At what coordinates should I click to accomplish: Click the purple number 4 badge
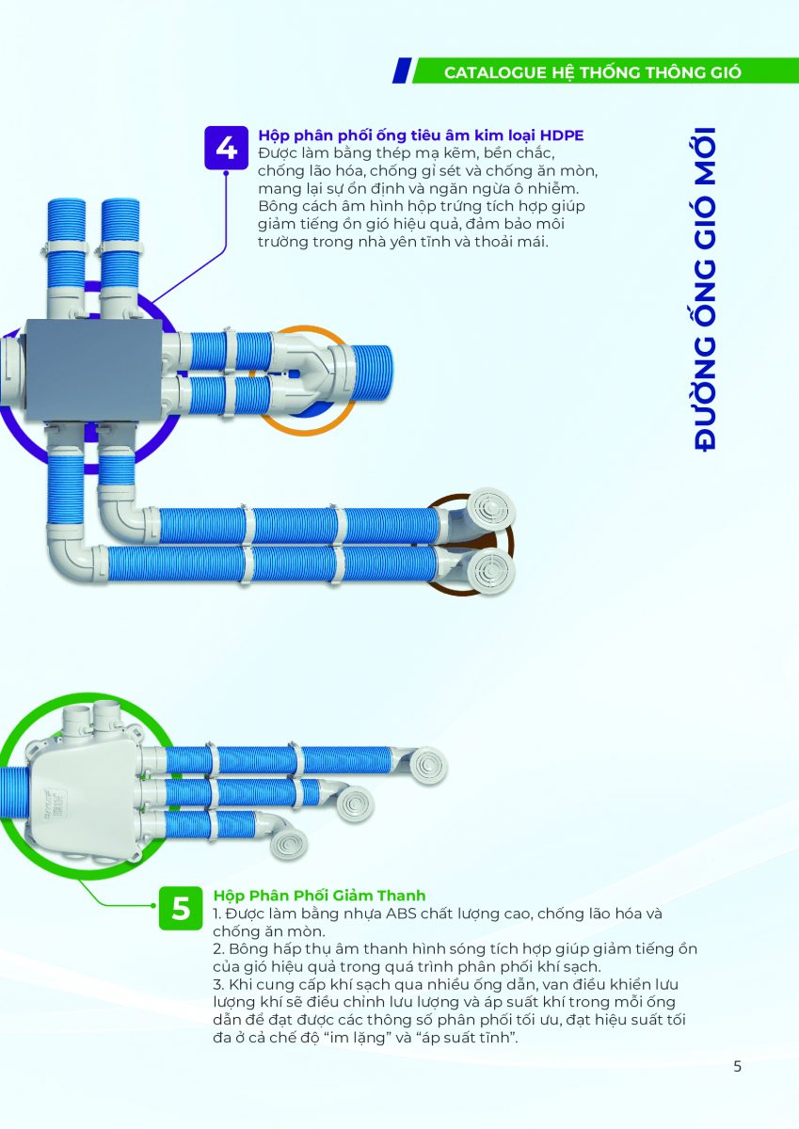(x=226, y=148)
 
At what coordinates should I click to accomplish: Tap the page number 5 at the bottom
(x=737, y=1066)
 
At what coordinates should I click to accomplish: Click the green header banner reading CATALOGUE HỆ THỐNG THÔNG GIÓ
(x=605, y=72)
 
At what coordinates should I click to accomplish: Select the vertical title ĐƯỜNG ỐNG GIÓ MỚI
(x=704, y=289)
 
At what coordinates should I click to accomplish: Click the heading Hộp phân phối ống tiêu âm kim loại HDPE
(x=421, y=135)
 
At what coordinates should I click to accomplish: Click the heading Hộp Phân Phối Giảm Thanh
(x=319, y=895)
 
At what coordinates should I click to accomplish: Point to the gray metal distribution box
(x=94, y=370)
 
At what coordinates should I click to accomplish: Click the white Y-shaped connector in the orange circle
(x=303, y=373)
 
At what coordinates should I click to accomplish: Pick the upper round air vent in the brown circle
(x=490, y=509)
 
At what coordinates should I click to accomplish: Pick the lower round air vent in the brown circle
(x=490, y=570)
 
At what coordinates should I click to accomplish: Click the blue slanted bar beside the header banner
(x=402, y=71)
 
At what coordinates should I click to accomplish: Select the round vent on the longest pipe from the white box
(x=428, y=766)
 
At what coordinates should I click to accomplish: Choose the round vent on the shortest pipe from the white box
(x=289, y=842)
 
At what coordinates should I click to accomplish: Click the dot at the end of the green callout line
(x=153, y=906)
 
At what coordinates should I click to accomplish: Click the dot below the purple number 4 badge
(x=226, y=173)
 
